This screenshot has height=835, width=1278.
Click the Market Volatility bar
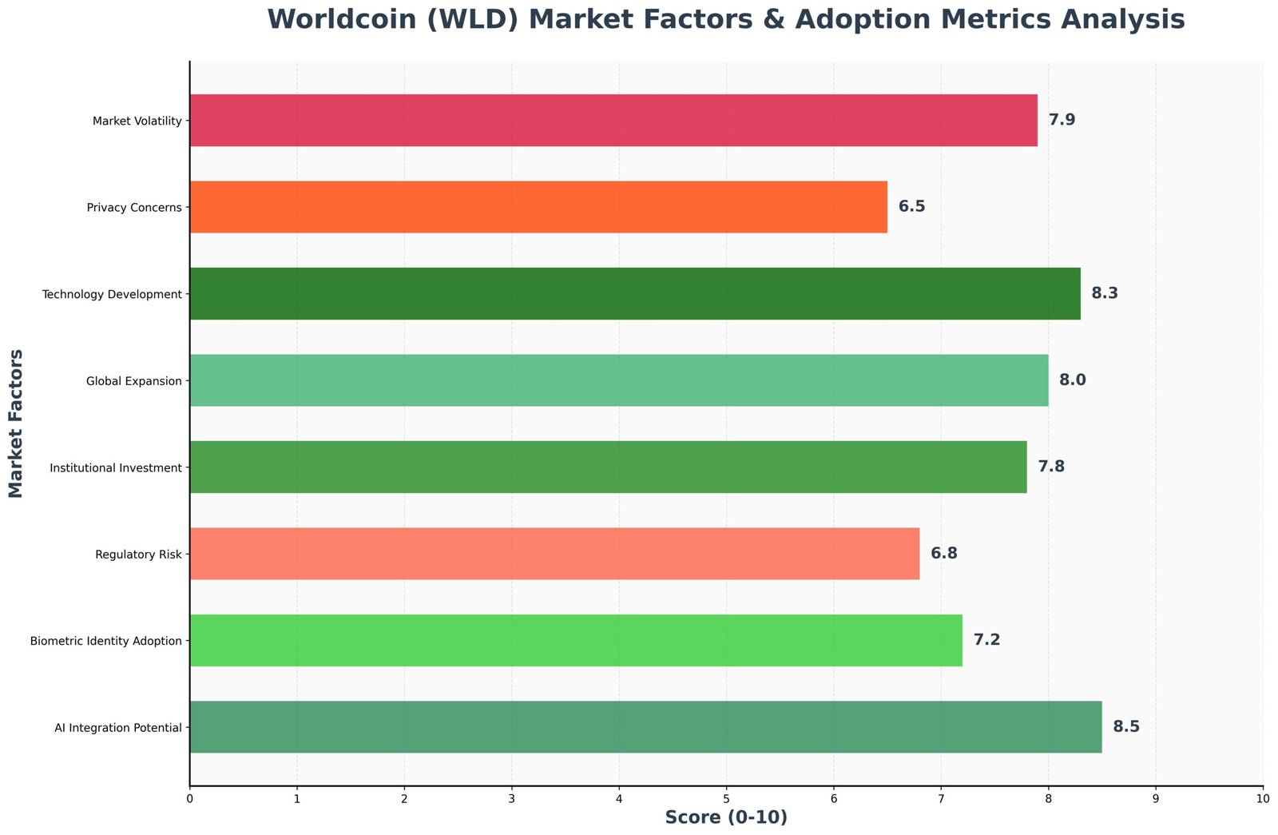pyautogui.click(x=613, y=121)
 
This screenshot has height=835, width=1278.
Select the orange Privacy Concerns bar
pyautogui.click(x=538, y=207)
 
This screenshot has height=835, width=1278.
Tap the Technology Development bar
pyautogui.click(x=635, y=294)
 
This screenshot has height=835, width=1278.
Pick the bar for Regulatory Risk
pyautogui.click(x=554, y=554)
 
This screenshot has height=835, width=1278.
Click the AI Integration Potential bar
pyautogui.click(x=645, y=727)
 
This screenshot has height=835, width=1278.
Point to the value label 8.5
pyautogui.click(x=1126, y=727)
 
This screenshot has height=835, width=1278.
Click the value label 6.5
pyautogui.click(x=911, y=207)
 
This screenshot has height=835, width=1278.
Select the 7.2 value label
pyautogui.click(x=986, y=640)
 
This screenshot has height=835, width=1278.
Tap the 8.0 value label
pyautogui.click(x=1072, y=380)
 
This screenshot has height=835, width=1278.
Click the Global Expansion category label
pyautogui.click(x=134, y=381)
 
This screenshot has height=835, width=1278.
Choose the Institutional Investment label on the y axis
pyautogui.click(x=116, y=467)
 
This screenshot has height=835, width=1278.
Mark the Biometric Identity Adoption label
pyautogui.click(x=105, y=641)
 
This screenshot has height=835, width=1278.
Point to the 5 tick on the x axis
pyautogui.click(x=726, y=798)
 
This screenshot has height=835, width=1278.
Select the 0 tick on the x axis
pyautogui.click(x=189, y=798)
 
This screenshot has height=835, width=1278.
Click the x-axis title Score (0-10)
pyautogui.click(x=726, y=818)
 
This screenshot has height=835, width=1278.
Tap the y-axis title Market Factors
pyautogui.click(x=17, y=423)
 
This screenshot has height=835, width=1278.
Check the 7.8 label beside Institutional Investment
pyautogui.click(x=1050, y=467)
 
